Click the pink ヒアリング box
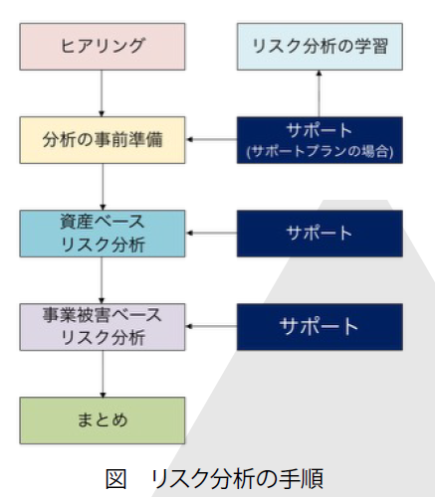tap(103, 45)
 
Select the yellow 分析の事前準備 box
tap(103, 139)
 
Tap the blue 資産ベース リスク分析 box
tap(103, 233)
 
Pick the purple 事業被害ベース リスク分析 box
tap(103, 326)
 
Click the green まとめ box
tap(103, 419)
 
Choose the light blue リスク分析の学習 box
tap(319, 45)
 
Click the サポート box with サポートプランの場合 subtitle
tap(319, 140)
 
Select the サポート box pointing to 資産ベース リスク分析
tap(319, 233)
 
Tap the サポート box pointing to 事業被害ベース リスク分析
tap(319, 326)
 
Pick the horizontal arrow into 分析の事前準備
tap(211, 140)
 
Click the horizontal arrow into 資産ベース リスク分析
tap(211, 234)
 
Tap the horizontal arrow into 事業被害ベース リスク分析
tap(211, 327)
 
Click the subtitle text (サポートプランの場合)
tap(319, 151)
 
